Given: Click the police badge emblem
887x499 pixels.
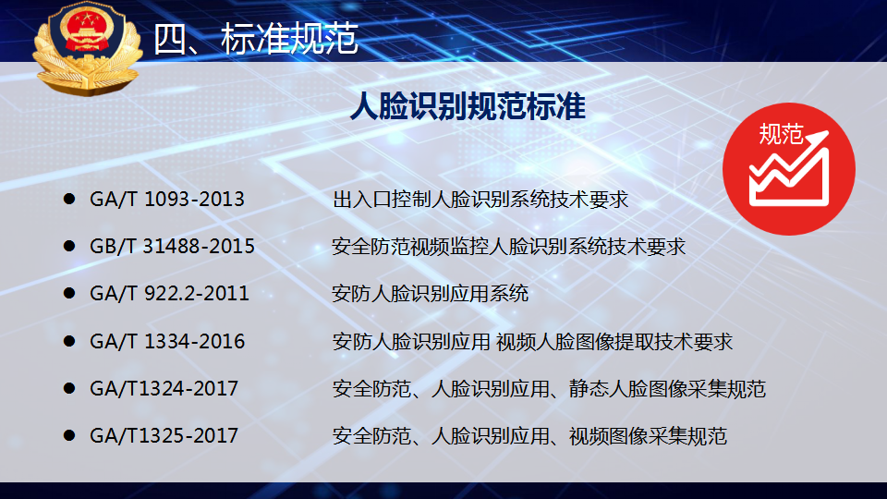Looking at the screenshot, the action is pos(87,47).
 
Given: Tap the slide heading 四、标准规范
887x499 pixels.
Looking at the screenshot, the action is pos(256,39).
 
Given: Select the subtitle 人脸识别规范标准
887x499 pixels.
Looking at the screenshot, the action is pos(468,105).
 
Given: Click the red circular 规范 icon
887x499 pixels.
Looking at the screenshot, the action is pos(788,168).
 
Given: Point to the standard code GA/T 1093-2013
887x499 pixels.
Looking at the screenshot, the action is pos(167,200).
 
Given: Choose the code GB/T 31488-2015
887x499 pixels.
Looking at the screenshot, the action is pos(172,246).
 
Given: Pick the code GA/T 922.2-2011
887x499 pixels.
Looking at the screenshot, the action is pos(169,293).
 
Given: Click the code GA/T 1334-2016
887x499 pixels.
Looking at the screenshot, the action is pos(167,341).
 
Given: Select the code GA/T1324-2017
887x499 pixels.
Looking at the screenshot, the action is pos(164,389).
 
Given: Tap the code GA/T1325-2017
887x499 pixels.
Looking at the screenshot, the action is pos(164,435).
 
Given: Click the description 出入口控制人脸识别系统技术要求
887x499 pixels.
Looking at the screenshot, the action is pos(480,200).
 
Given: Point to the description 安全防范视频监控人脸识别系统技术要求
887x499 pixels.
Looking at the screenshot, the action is pos(508,246).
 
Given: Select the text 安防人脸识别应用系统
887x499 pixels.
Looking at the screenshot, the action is pos(431,293).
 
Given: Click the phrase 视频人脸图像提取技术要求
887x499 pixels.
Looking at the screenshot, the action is pos(614,341).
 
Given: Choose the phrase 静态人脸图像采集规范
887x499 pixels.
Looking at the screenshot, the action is pos(667,389).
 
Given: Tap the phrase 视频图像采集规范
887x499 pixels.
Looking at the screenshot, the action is pos(648,435).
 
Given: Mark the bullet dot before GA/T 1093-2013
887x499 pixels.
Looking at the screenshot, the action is pos(69,199).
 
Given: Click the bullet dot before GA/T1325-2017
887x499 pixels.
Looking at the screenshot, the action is pos(69,435).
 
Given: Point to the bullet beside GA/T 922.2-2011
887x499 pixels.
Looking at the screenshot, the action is pos(69,293).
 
